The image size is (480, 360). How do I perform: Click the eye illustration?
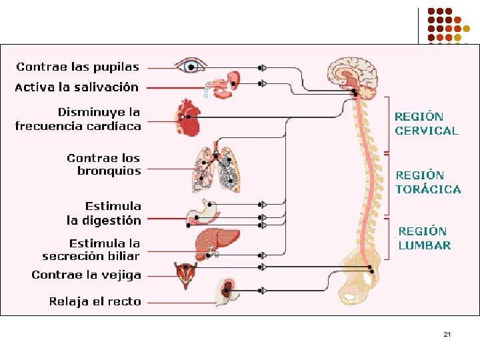pyautogui.click(x=192, y=66)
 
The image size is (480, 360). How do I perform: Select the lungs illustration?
pyautogui.click(x=215, y=167)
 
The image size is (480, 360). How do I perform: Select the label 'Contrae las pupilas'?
pyautogui.click(x=78, y=67)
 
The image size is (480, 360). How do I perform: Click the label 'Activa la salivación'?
pyautogui.click(x=77, y=87)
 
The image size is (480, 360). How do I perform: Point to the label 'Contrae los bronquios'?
pyautogui.click(x=104, y=165)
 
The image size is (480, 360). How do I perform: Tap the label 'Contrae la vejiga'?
pyautogui.click(x=86, y=275)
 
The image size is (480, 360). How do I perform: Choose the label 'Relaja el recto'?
pyautogui.click(x=95, y=301)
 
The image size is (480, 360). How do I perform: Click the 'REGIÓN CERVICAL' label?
pyautogui.click(x=427, y=124)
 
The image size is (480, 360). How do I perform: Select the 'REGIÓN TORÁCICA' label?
pyautogui.click(x=428, y=182)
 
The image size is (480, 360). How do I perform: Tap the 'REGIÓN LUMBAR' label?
pyautogui.click(x=424, y=238)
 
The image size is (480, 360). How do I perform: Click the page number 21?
pyautogui.click(x=447, y=333)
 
